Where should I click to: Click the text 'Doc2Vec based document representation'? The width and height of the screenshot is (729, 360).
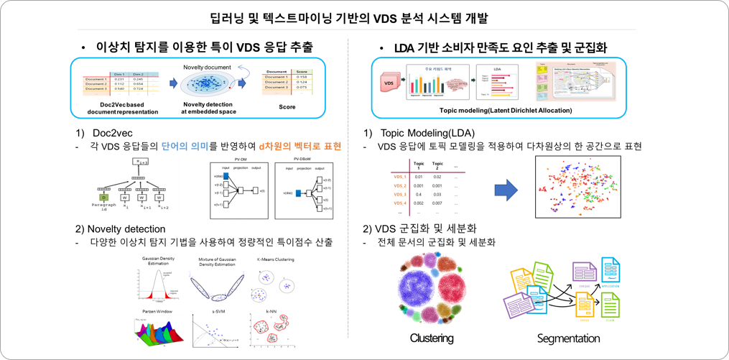pos(116,107)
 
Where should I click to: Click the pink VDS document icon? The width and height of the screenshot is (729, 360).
pos(388,83)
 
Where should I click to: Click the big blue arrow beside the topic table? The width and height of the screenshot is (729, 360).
pos(509,190)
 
